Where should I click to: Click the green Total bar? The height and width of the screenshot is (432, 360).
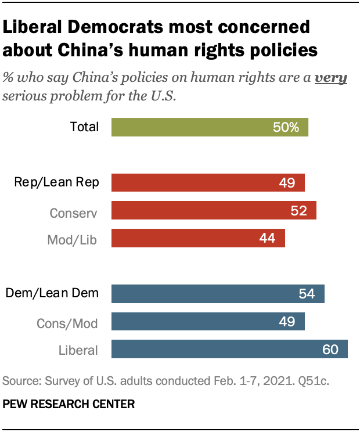[x=209, y=127]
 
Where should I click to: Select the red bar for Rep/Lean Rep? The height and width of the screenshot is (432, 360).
[x=207, y=183]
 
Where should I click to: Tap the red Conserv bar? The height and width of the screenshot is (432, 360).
[x=213, y=210]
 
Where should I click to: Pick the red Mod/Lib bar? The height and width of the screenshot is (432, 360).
[x=197, y=238]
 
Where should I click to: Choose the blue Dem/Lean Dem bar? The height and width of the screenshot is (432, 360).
[x=217, y=294]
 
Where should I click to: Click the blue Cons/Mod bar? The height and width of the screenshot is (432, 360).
[x=207, y=321]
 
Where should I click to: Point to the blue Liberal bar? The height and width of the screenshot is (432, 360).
[x=229, y=349]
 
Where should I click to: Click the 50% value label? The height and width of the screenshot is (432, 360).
[x=286, y=127]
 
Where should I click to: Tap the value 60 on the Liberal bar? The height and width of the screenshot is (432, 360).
[x=330, y=350]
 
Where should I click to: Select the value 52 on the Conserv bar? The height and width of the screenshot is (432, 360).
[x=298, y=211]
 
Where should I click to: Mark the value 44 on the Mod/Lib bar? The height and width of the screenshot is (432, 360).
[x=267, y=239]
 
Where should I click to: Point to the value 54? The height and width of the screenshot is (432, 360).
[x=307, y=294]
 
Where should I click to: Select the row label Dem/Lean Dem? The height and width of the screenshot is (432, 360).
[x=52, y=294]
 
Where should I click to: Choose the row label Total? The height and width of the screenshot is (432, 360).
[x=84, y=127]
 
